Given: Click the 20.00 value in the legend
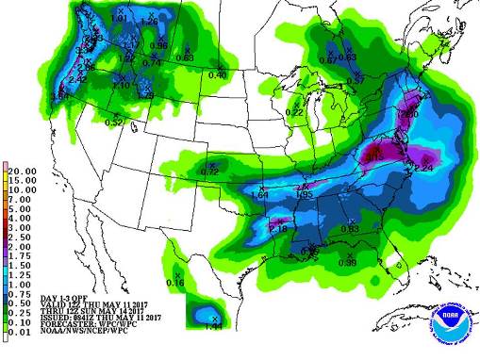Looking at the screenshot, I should [x=25, y=172].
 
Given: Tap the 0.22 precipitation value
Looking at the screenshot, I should [x=295, y=112].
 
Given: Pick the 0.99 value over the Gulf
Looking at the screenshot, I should [x=348, y=261].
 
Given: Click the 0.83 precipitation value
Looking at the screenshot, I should [x=349, y=230].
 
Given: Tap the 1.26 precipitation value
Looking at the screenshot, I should [x=147, y=20].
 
